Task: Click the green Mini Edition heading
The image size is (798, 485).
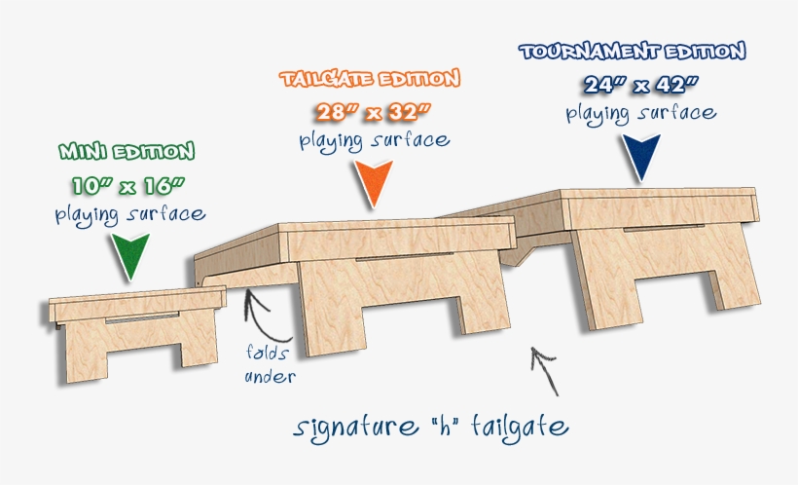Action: [x=127, y=151]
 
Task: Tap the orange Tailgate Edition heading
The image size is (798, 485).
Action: [x=370, y=79]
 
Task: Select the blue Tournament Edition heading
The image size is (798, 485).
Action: [x=633, y=51]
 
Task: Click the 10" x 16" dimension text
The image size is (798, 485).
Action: [x=128, y=185]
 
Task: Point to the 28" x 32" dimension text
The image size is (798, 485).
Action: [x=373, y=112]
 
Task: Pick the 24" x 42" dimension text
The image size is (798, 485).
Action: [x=640, y=85]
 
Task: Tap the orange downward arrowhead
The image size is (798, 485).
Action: [x=374, y=183]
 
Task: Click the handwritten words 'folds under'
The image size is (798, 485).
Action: [x=270, y=364]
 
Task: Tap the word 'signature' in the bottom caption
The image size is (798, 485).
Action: [x=355, y=427]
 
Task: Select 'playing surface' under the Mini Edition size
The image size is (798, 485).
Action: [x=130, y=214]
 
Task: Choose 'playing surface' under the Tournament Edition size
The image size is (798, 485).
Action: [x=641, y=113]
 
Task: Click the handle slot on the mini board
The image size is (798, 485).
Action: [x=142, y=317]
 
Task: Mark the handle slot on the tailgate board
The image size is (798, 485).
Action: [x=404, y=256]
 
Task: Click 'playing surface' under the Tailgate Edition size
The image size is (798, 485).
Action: [x=375, y=140]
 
